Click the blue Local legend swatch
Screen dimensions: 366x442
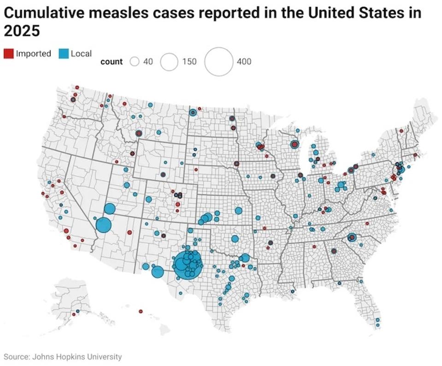(x=64, y=54)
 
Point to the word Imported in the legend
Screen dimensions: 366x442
(x=33, y=54)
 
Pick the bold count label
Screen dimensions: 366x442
(x=112, y=62)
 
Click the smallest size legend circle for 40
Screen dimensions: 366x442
(x=135, y=62)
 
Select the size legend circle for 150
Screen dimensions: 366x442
(x=169, y=62)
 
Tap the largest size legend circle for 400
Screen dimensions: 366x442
(x=218, y=61)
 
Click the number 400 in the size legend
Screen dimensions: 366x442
(x=244, y=62)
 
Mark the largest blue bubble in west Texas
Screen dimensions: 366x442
(x=188, y=264)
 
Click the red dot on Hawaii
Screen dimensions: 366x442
(x=141, y=312)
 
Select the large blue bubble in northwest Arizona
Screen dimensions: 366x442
(x=104, y=225)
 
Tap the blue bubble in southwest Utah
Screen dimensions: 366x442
(x=109, y=209)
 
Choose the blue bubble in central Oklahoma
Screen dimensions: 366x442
(x=235, y=239)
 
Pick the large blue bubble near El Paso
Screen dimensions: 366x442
(x=157, y=272)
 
